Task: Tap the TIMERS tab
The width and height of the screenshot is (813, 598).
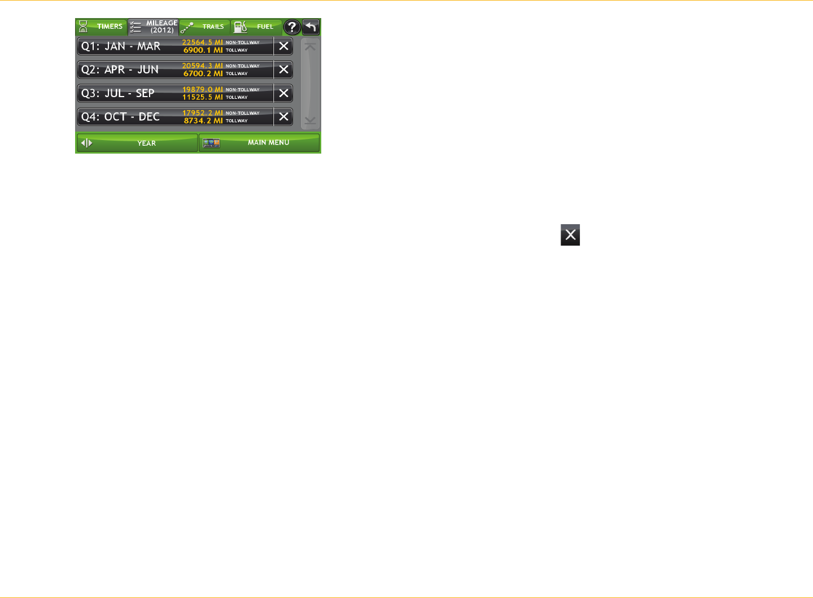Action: [x=102, y=27]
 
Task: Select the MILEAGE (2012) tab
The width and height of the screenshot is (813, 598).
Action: [x=154, y=27]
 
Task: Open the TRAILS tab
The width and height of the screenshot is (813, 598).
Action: [x=204, y=27]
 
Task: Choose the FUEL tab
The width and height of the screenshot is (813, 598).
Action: [x=256, y=27]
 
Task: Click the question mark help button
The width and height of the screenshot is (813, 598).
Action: [x=291, y=27]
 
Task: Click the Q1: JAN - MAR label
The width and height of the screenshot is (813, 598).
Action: [x=121, y=46]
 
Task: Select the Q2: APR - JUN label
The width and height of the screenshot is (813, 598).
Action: [x=120, y=70]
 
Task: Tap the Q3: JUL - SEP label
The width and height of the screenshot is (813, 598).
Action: [x=118, y=94]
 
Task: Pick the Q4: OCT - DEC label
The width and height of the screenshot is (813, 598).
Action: [x=120, y=117]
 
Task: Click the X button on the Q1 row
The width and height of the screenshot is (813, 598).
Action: [x=283, y=46]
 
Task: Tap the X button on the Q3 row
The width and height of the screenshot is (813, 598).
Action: [x=283, y=94]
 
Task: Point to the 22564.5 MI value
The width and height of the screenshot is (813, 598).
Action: [x=202, y=42]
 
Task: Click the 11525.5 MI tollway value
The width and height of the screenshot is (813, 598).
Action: [x=202, y=98]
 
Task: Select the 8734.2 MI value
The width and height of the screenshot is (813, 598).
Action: [x=203, y=121]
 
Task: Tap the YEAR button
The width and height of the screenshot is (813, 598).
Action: [x=137, y=143]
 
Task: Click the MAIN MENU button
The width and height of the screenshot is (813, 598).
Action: [x=259, y=143]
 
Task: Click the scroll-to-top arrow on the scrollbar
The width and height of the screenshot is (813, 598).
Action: [x=310, y=47]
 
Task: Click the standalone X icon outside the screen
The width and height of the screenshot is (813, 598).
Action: [x=570, y=235]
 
